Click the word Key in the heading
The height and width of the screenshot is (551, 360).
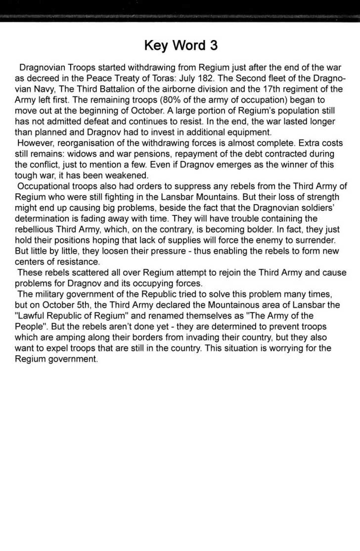pyautogui.click(x=155, y=46)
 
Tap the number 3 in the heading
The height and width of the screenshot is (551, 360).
pyautogui.click(x=213, y=46)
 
